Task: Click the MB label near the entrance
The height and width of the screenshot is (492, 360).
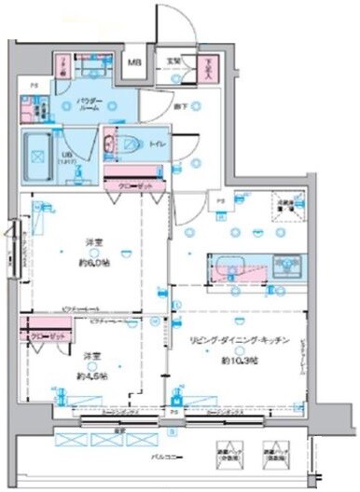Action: [x=134, y=64]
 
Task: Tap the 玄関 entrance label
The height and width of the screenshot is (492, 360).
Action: [x=173, y=62]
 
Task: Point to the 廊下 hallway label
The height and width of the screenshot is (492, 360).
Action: [x=179, y=107]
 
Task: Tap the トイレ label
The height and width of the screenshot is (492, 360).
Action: [x=149, y=144]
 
